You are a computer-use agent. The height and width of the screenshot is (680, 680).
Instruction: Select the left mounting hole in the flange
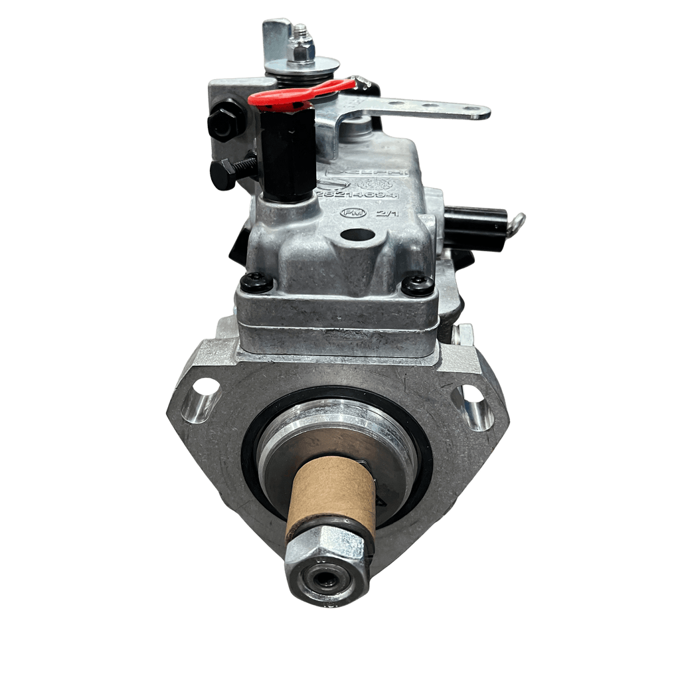(206, 387)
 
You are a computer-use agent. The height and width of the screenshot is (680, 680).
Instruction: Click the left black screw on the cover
(256, 283)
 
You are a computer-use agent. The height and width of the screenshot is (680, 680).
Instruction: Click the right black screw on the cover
(418, 286)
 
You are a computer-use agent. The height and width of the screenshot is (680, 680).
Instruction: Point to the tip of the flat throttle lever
(479, 113)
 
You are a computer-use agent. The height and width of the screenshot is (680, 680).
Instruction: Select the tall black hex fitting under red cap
(287, 153)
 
